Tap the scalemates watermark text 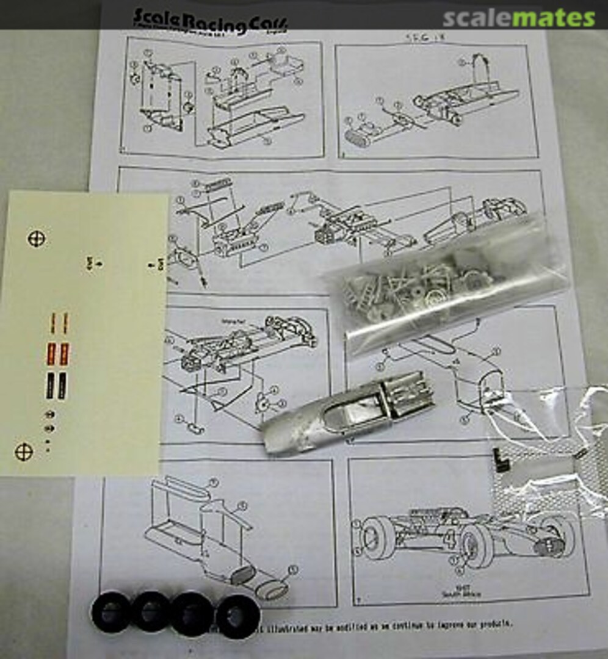point(518,18)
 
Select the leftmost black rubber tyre point(110,611)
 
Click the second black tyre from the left point(151,611)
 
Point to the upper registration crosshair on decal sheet point(37,238)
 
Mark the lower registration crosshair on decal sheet point(23,452)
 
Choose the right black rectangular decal point(63,383)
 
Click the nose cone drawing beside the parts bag point(479,384)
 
